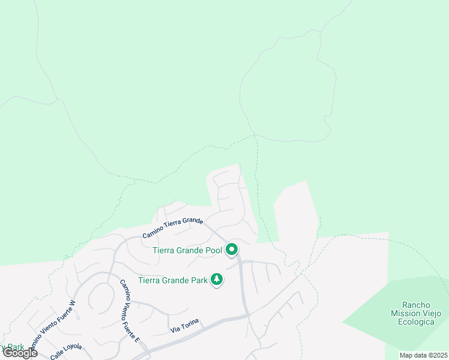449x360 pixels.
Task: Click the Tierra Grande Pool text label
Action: tap(187, 250)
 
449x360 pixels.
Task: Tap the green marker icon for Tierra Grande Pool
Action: tap(231, 250)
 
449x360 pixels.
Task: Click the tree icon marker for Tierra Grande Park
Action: tap(217, 280)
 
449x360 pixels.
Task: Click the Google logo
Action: tap(20, 353)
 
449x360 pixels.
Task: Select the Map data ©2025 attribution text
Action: tap(424, 355)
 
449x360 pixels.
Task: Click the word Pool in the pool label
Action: tap(214, 250)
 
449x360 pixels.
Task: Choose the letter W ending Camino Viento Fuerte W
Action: tap(73, 303)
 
